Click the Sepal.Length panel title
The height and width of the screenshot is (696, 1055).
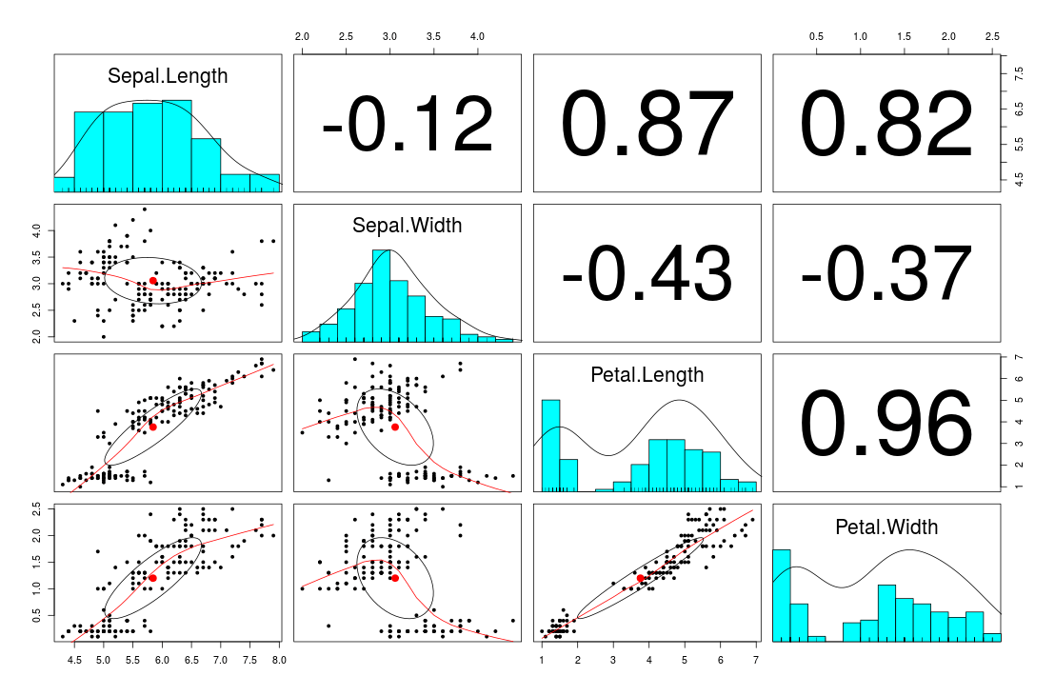point(168,76)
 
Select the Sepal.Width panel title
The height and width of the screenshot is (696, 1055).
point(407,226)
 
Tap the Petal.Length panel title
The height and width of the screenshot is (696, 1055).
point(647,375)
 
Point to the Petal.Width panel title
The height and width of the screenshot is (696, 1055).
point(886,527)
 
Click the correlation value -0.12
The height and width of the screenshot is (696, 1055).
point(408,126)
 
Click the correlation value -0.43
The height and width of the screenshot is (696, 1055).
point(647,274)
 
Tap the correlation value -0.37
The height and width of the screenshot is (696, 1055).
point(886,274)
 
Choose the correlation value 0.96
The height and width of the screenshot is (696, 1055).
point(886,425)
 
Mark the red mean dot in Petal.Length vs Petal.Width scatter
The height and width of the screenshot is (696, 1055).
point(641,578)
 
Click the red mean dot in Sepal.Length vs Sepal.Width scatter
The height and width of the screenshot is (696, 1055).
point(153,281)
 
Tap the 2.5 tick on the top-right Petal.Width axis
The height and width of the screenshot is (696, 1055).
point(992,35)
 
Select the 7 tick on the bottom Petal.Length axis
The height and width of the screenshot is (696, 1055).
point(755,658)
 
